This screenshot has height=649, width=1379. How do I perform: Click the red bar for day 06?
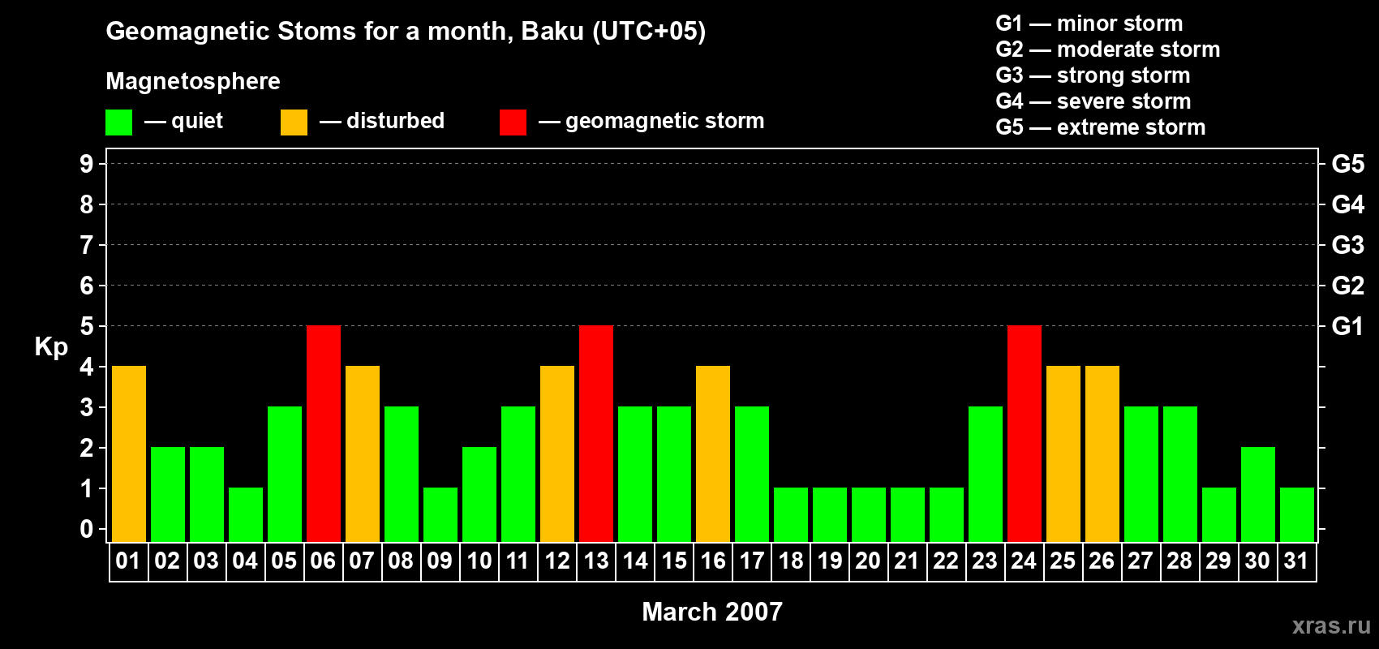pos(324,433)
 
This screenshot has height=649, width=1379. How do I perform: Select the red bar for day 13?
pos(596,433)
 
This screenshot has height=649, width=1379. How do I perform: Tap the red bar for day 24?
pos(1025,433)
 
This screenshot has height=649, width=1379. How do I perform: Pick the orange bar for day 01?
pos(129,453)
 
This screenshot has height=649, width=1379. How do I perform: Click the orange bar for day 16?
pos(713,453)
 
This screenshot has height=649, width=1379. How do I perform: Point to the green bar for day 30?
pos(1257,494)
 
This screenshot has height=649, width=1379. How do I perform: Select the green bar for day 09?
pos(440,515)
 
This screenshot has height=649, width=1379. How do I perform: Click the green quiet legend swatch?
pos(118,122)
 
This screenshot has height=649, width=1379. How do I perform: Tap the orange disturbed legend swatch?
pos(294,122)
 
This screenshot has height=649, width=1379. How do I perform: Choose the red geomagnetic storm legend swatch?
pos(513,122)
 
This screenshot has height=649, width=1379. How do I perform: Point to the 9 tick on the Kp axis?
pos(86,164)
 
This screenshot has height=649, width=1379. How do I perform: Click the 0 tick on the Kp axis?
pos(86,529)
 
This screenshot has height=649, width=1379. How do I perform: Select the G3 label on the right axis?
pos(1347,245)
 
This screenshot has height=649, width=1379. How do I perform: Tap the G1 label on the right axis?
pos(1347,326)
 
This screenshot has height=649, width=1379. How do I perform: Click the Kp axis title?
pos(51,347)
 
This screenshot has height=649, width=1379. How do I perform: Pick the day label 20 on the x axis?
pos(868,561)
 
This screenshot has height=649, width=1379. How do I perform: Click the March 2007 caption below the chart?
pos(712,612)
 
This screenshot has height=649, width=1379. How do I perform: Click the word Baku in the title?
pos(552,32)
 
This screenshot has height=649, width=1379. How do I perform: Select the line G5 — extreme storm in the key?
pos(1100,127)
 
